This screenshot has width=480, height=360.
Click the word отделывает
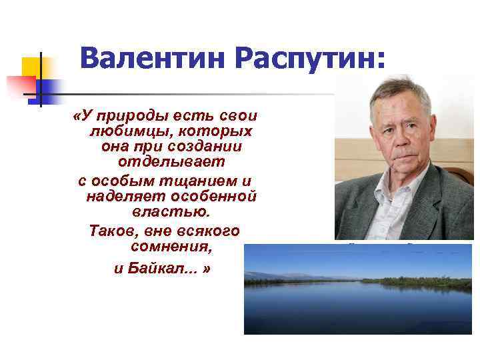point(171,162)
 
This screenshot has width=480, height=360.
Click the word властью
point(171,213)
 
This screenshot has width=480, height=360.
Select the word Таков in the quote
point(111,231)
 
